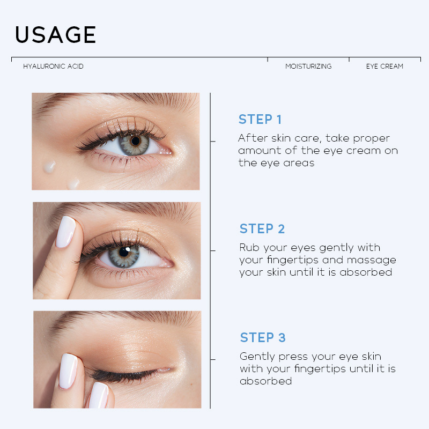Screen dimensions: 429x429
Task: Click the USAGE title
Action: pyautogui.click(x=56, y=34)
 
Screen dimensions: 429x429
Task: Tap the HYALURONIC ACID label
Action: pyautogui.click(x=53, y=66)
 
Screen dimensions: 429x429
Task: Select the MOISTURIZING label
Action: pyautogui.click(x=308, y=66)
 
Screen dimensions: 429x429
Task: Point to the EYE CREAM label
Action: pyautogui.click(x=384, y=66)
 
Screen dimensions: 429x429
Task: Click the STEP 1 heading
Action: pyautogui.click(x=260, y=119)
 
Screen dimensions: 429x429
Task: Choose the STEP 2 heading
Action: pyautogui.click(x=262, y=229)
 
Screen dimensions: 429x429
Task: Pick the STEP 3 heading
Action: pyautogui.click(x=263, y=338)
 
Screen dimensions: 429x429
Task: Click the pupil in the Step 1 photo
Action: pyautogui.click(x=136, y=141)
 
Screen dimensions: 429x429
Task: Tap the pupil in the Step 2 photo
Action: pyautogui.click(x=124, y=252)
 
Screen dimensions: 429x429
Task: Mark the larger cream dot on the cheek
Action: pyautogui.click(x=49, y=167)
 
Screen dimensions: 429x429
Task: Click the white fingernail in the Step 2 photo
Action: pyautogui.click(x=65, y=232)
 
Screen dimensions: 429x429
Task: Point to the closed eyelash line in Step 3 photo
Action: pyautogui.click(x=125, y=375)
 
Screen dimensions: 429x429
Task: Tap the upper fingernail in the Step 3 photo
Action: pyautogui.click(x=68, y=371)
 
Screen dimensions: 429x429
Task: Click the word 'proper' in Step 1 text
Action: pyautogui.click(x=371, y=139)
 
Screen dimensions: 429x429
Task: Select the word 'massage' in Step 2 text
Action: pyautogui.click(x=371, y=261)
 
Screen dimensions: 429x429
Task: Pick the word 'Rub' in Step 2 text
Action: pyautogui.click(x=249, y=247)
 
